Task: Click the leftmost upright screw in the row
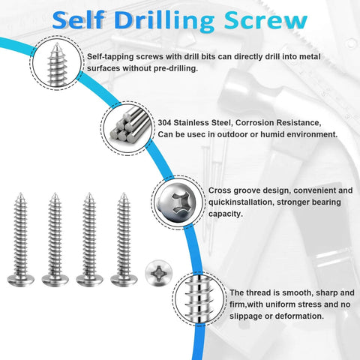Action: point(20,240)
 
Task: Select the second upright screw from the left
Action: point(54,240)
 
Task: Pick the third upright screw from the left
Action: point(88,240)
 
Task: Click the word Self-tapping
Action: point(110,57)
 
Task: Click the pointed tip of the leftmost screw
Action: point(20,196)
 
